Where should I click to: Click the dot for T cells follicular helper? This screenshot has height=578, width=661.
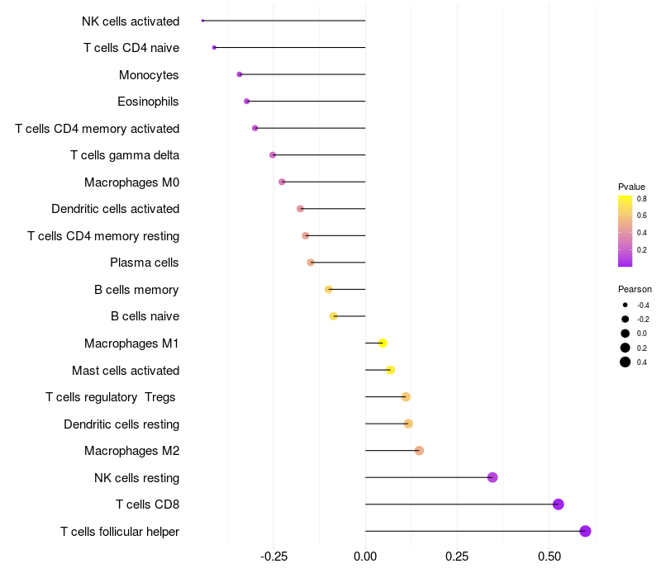pyautogui.click(x=585, y=531)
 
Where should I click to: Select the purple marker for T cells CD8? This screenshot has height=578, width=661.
pyautogui.click(x=558, y=505)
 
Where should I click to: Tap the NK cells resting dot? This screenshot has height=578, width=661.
pyautogui.click(x=492, y=477)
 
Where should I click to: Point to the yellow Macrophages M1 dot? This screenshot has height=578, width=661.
pyautogui.click(x=383, y=343)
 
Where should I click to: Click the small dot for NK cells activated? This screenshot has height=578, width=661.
pyautogui.click(x=202, y=21)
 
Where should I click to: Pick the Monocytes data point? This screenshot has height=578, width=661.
pyautogui.click(x=240, y=74)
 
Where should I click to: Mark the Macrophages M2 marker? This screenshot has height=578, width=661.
pyautogui.click(x=419, y=451)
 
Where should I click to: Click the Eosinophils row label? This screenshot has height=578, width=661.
pyautogui.click(x=149, y=102)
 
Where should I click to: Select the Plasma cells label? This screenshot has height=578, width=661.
pyautogui.click(x=145, y=263)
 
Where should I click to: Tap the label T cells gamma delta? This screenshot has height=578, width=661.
pyautogui.click(x=125, y=155)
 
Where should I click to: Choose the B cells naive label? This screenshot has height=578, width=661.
pyautogui.click(x=145, y=316)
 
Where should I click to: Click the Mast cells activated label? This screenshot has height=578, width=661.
pyautogui.click(x=126, y=370)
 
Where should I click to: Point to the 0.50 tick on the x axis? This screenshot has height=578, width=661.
pyautogui.click(x=549, y=557)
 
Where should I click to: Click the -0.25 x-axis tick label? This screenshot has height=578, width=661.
pyautogui.click(x=273, y=557)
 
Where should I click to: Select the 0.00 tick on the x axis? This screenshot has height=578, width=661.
pyautogui.click(x=365, y=557)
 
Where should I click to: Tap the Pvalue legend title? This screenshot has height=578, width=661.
pyautogui.click(x=632, y=187)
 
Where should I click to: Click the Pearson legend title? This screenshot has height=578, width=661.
pyautogui.click(x=635, y=289)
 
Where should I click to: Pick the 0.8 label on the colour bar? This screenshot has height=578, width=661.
pyautogui.click(x=641, y=199)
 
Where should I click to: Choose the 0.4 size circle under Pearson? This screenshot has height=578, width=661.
pyautogui.click(x=625, y=362)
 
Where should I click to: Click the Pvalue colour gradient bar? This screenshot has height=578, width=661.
pyautogui.click(x=625, y=231)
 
